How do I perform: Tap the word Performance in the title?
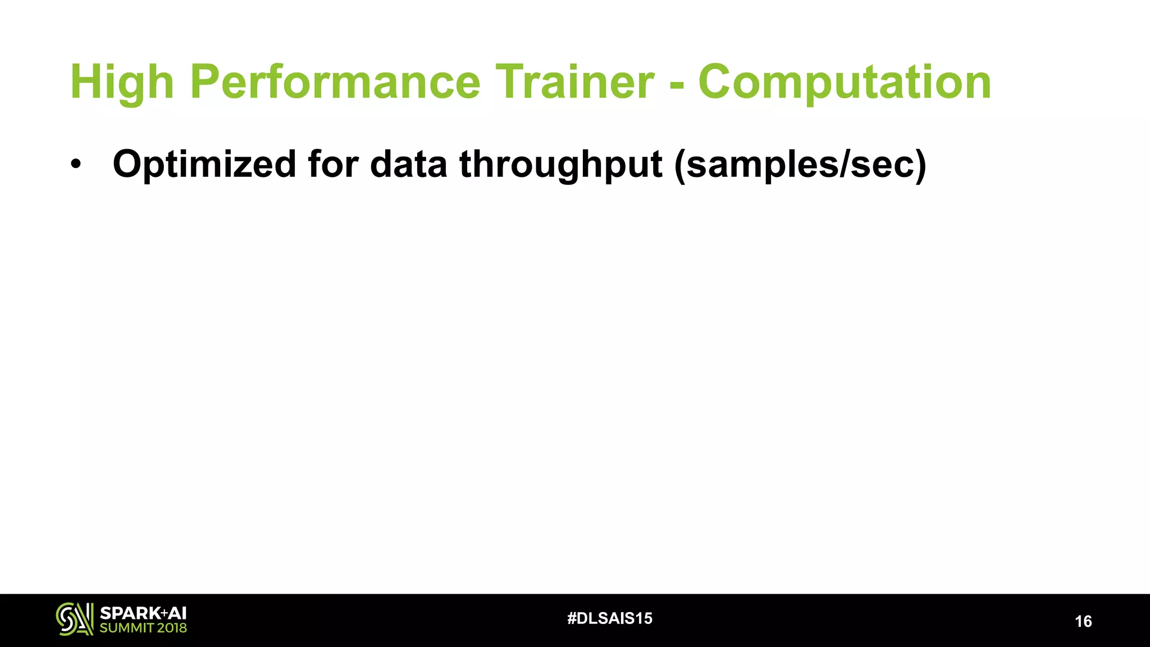click(335, 83)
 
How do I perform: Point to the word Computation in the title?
click(845, 83)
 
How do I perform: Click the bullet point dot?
click(76, 165)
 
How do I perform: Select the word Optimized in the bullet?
click(204, 165)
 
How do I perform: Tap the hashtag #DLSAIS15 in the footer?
click(610, 618)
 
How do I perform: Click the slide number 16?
click(1083, 621)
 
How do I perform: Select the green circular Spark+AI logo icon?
click(74, 619)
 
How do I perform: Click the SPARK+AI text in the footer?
click(143, 613)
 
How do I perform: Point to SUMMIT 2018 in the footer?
click(143, 628)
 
